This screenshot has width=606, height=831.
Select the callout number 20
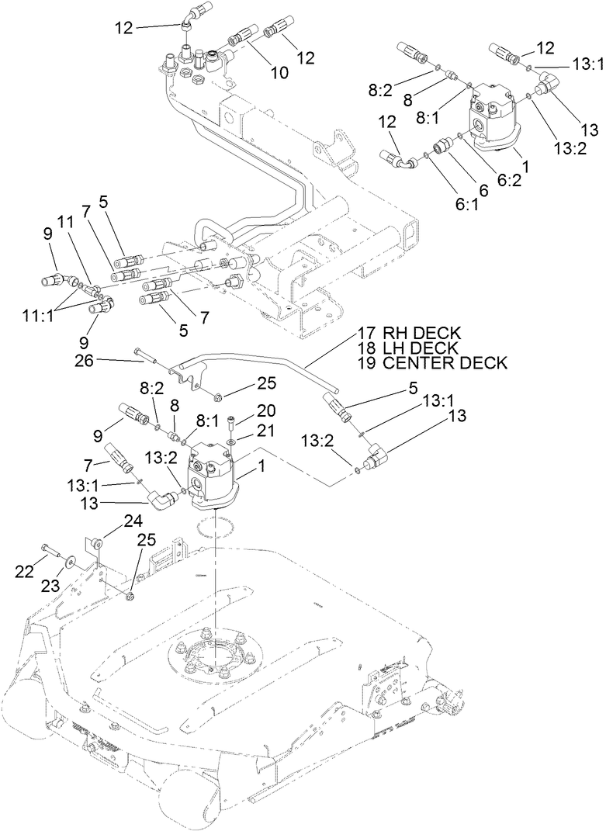click(245, 410)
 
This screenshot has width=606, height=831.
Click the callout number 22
click(26, 571)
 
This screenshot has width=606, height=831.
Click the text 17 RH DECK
click(409, 333)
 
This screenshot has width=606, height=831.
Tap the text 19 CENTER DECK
click(432, 362)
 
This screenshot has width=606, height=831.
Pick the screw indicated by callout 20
click(232, 423)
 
